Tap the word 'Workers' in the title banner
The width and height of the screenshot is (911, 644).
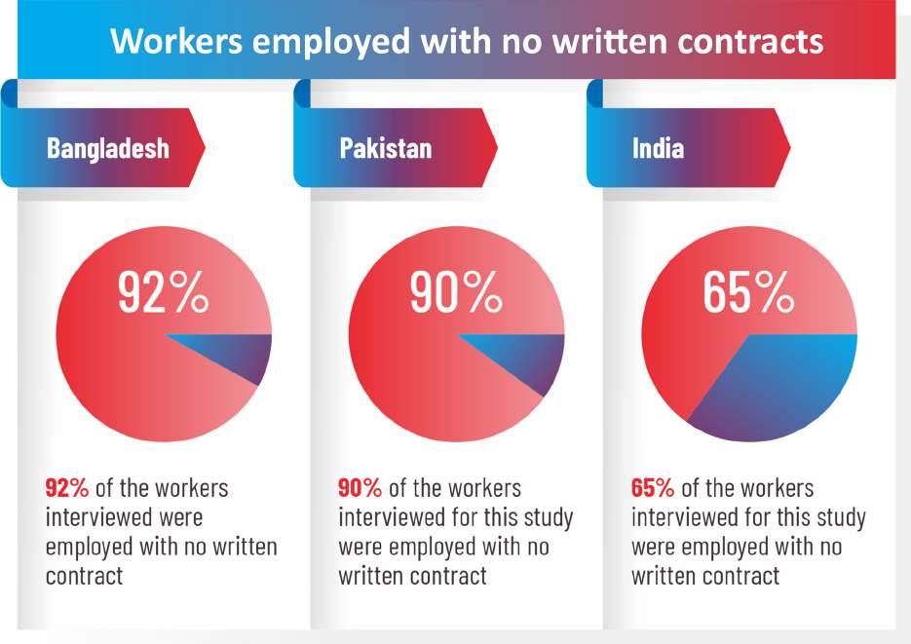tap(176, 42)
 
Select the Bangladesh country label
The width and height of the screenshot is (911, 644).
tap(107, 148)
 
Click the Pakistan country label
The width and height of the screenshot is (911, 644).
tap(386, 148)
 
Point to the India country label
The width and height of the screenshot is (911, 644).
tap(658, 148)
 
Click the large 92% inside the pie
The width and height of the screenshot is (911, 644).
tap(163, 292)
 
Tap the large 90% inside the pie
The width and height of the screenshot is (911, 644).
tap(456, 292)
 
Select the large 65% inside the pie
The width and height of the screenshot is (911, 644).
tap(748, 292)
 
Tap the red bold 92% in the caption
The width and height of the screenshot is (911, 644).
tap(67, 488)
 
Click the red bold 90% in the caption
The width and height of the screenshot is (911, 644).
tap(360, 488)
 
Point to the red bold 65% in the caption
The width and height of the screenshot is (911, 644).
tap(653, 488)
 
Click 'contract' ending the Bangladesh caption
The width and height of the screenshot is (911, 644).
tap(84, 576)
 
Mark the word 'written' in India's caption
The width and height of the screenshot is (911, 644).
tap(664, 576)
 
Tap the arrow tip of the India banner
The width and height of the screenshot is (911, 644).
tap(789, 148)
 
